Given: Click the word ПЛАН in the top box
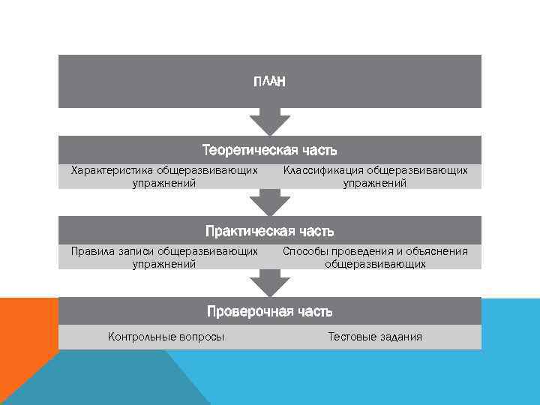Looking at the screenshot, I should point(270,81).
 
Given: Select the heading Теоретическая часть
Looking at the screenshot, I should point(270,150).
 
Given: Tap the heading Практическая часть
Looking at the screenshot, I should point(270,231).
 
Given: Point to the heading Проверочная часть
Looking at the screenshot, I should point(270,310).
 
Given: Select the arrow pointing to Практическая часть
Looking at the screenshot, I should point(270,202).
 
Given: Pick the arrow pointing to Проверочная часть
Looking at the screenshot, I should point(270,283).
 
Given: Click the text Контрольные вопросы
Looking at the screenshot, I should point(166,337).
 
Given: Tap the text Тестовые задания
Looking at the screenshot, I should point(375,337).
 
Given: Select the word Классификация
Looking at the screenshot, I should point(318,170).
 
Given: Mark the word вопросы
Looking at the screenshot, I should point(202,337).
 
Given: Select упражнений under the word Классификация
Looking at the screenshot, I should point(375,182).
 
